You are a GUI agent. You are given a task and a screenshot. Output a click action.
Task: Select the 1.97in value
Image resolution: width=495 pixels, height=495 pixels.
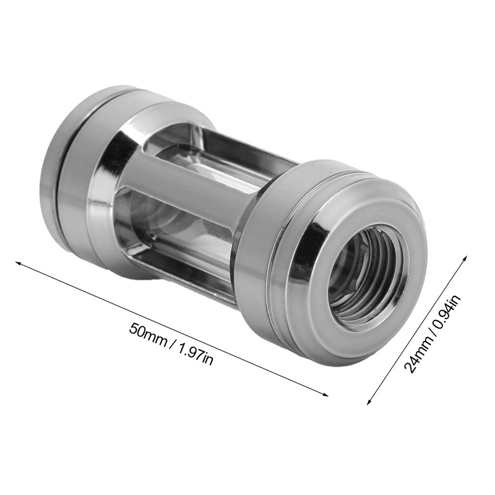[x=195, y=354]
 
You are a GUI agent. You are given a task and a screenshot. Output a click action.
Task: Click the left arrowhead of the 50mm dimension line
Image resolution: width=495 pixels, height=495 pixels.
[x=19, y=263]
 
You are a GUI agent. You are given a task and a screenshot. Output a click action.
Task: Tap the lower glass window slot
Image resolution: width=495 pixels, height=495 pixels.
[x=179, y=247]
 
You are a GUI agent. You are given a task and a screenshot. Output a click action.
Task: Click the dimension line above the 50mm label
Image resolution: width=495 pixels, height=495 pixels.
[x=173, y=328]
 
